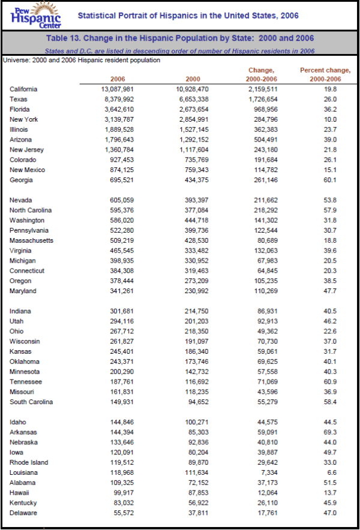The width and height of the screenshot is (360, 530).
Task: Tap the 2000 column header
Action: point(193,79)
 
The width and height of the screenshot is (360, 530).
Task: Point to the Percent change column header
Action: point(320,74)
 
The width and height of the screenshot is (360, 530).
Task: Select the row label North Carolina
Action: point(31,210)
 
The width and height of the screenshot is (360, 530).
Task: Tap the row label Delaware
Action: point(23,513)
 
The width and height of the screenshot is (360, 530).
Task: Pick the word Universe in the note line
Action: point(16,60)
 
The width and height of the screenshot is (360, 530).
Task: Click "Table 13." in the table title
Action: point(65,38)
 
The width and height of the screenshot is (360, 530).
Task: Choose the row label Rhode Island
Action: point(29,463)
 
